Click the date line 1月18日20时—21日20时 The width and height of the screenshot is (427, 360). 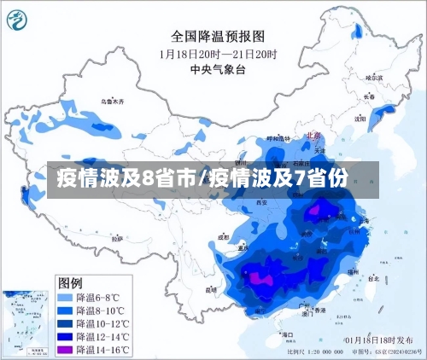217,53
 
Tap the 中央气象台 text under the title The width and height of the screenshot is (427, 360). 217,69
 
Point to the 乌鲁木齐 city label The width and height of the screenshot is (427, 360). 112,101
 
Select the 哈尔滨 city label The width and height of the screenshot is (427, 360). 374,77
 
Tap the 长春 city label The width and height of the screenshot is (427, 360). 369,96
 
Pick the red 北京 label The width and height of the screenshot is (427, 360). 313,136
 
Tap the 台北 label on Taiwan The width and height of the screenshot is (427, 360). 373,278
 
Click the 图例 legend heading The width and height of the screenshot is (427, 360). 70,282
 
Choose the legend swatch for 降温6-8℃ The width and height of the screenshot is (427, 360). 65,298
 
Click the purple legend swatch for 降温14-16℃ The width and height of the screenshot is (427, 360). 65,350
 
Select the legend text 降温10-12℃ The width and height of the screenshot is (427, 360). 102,324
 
